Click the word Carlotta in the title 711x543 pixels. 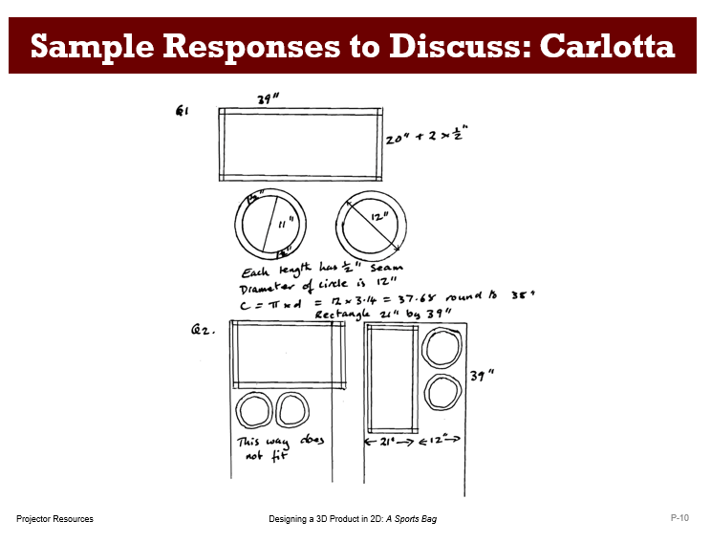(x=608, y=45)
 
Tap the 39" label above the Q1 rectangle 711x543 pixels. (x=268, y=99)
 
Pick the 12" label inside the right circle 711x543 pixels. (x=380, y=218)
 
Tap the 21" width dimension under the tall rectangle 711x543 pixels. (x=387, y=442)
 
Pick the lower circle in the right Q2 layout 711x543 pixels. (x=441, y=394)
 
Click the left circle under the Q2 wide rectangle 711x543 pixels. (x=254, y=412)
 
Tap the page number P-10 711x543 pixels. (x=679, y=517)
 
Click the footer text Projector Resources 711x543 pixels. (x=54, y=518)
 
